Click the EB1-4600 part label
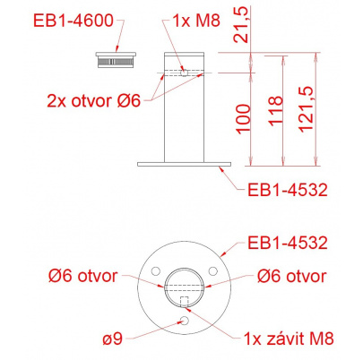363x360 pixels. point(73,21)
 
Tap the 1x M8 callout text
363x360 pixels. point(196,21)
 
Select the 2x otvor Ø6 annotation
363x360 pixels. point(94,101)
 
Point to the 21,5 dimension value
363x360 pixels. point(241,25)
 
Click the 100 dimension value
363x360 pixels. point(244,118)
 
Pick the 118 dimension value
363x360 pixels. point(275,111)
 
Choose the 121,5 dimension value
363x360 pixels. point(306,109)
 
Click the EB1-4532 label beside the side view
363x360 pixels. point(288,190)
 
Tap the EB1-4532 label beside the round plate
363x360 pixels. point(288,243)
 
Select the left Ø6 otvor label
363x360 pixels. point(82,276)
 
